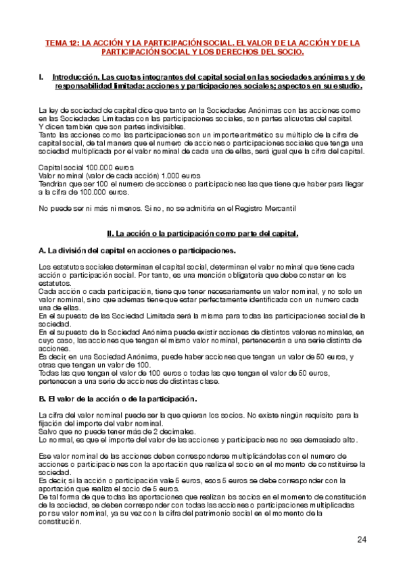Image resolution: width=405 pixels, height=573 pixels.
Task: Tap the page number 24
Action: point(362,539)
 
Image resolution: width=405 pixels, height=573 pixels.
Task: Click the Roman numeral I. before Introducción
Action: point(43,78)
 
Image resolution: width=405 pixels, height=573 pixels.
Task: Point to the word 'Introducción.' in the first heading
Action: point(74,78)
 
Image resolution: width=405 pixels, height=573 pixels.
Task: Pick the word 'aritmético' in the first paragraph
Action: point(212,135)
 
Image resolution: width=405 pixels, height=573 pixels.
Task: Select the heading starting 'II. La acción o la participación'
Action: point(203,234)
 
